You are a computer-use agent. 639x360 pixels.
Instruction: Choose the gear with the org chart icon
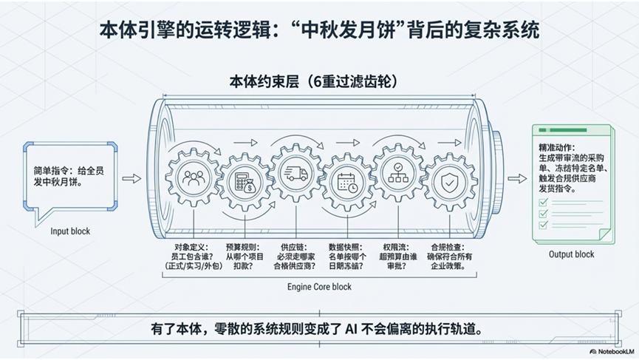point(396,174)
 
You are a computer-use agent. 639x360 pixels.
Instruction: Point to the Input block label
point(70,231)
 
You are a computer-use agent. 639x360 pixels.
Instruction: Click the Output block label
point(571,254)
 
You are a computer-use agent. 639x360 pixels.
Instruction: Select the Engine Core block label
point(318,286)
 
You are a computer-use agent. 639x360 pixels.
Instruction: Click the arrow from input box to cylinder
point(131,177)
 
